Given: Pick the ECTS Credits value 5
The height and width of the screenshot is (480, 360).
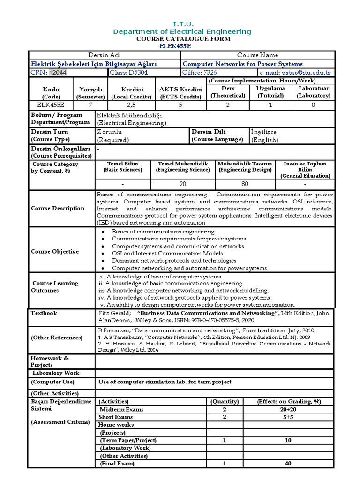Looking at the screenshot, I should coord(180,105).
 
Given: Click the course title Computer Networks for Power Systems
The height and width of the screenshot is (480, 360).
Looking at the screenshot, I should coord(242,64).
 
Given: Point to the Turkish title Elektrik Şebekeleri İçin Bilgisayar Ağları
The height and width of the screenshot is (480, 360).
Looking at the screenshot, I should coord(94,64).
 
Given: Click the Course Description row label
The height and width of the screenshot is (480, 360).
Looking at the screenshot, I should coord(58,208).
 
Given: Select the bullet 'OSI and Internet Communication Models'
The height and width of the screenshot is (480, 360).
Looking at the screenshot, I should coord(167,254).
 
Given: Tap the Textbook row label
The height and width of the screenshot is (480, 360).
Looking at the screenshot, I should coord(44,313).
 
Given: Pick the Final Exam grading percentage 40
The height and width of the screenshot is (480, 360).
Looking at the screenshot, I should coord(288,464).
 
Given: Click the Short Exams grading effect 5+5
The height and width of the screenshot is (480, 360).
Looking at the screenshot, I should coord(288,417).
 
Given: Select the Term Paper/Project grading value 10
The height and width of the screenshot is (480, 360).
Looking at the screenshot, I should coord(288,440).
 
